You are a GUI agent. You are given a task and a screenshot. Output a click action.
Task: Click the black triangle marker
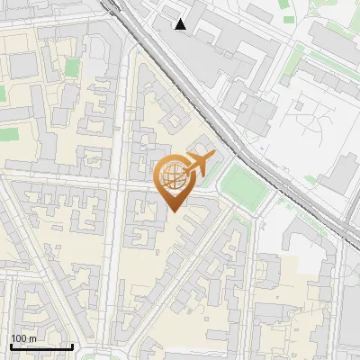181,24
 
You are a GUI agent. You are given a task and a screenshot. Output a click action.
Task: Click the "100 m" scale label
23,338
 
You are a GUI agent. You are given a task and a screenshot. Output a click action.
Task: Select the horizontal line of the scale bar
41,346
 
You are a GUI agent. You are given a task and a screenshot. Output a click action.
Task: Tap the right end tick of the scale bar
72,346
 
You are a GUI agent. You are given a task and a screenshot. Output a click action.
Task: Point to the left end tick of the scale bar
11,346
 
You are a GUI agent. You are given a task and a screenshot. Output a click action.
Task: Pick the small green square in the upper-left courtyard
71,67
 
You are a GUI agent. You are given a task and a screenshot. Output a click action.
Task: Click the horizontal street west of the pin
72,172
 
